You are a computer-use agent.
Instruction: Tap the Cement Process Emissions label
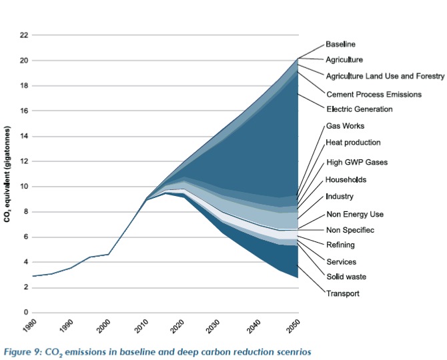(373, 94)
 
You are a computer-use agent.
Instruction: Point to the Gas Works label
(344, 126)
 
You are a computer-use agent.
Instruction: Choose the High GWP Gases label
(356, 162)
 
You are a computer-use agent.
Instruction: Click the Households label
(346, 179)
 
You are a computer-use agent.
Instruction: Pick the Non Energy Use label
(354, 214)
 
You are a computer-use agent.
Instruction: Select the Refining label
(340, 245)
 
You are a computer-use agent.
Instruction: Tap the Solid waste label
(346, 277)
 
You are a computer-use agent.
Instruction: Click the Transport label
(343, 293)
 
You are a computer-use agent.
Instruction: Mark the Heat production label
(353, 143)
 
